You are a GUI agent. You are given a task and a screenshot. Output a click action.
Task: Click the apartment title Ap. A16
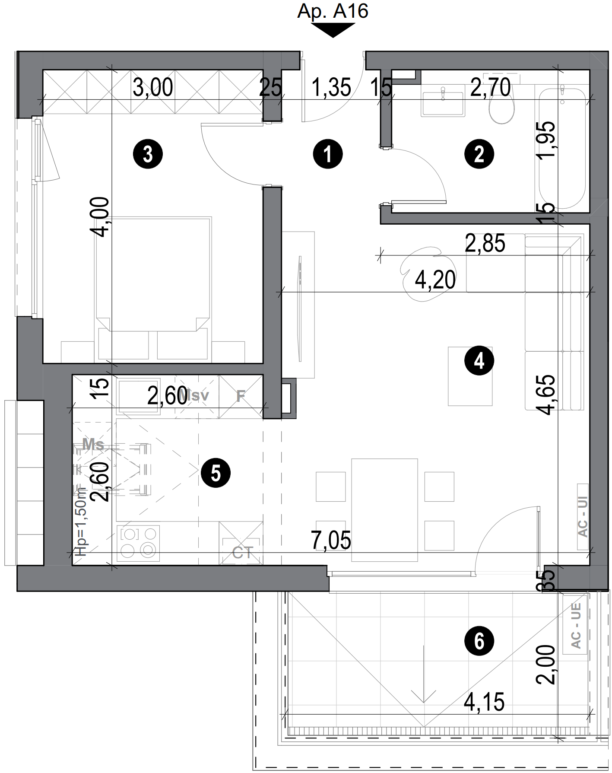pos(333,11)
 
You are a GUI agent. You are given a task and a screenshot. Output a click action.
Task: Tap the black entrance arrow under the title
pos(333,30)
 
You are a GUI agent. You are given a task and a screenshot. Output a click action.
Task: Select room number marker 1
pos(328,154)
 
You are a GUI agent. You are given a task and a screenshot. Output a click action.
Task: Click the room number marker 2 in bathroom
pos(479,154)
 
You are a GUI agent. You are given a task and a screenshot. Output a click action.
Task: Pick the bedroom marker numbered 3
pos(148,154)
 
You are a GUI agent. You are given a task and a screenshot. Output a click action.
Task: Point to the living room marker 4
pos(479,361)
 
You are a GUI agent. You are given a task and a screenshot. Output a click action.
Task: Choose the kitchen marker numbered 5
pos(216,473)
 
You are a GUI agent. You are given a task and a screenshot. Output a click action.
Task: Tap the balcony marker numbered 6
pos(479,641)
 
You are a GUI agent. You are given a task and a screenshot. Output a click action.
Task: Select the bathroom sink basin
pos(443,100)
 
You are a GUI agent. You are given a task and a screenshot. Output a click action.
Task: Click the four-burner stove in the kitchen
pos(138,542)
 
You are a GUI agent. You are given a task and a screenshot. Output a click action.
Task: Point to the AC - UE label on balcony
pos(576,626)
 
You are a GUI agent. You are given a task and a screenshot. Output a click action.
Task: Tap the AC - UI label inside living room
pos(583,516)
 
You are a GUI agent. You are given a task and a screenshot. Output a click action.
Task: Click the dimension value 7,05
pos(331,541)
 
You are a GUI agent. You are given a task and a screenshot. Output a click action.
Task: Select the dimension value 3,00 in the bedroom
pos(153,88)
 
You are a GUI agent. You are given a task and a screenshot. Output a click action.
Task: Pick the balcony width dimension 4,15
pos(484,702)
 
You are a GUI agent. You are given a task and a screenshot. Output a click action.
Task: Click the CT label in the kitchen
pos(242,553)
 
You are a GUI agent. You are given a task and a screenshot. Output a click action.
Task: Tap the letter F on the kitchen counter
pos(241,396)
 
